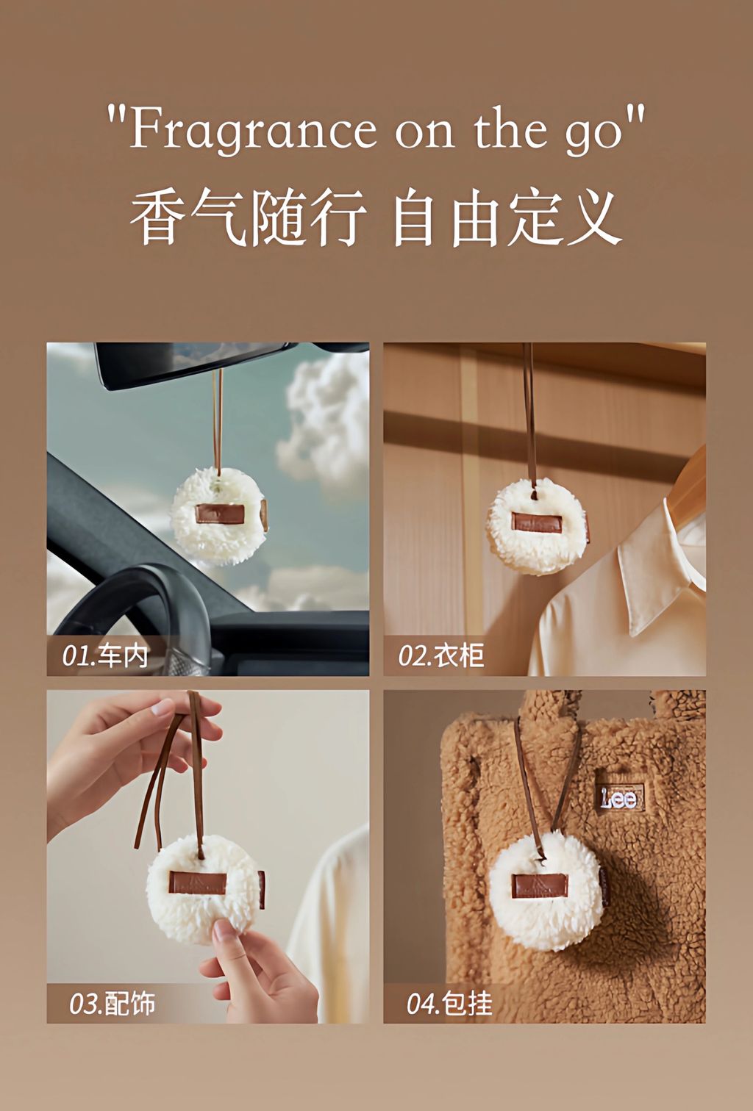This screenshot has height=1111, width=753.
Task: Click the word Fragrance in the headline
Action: pyautogui.click(x=253, y=130)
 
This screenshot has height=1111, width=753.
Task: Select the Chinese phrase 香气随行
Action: pyautogui.click(x=249, y=218)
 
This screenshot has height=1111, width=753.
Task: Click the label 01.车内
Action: pyautogui.click(x=106, y=655)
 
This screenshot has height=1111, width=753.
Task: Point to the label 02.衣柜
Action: pyautogui.click(x=441, y=655)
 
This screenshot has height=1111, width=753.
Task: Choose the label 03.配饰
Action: pyautogui.click(x=113, y=1003)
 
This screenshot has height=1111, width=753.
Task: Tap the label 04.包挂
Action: pyautogui.click(x=449, y=1003)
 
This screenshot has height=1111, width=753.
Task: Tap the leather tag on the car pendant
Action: pyautogui.click(x=214, y=514)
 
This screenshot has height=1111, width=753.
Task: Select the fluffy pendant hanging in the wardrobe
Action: pyautogui.click(x=537, y=525)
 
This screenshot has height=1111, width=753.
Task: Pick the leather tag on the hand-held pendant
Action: pyautogui.click(x=198, y=882)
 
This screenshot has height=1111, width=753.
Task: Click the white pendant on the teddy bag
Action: pyautogui.click(x=546, y=889)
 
